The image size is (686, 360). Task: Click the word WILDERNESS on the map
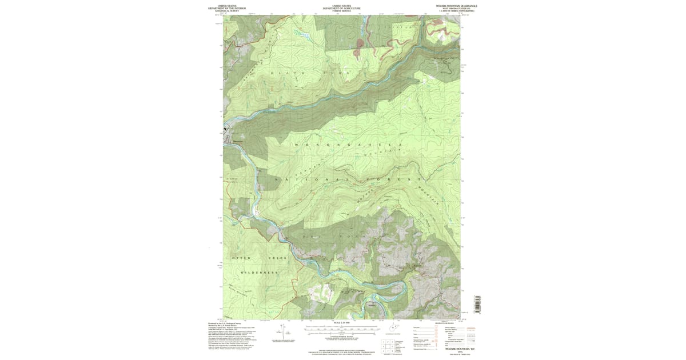[x=259, y=273]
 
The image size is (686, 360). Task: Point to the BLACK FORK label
[x=303, y=73]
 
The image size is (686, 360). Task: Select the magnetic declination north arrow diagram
[x=281, y=331]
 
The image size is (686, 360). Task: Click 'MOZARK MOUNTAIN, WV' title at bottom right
[x=449, y=348]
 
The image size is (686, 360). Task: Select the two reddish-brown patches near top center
[x=359, y=47]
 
